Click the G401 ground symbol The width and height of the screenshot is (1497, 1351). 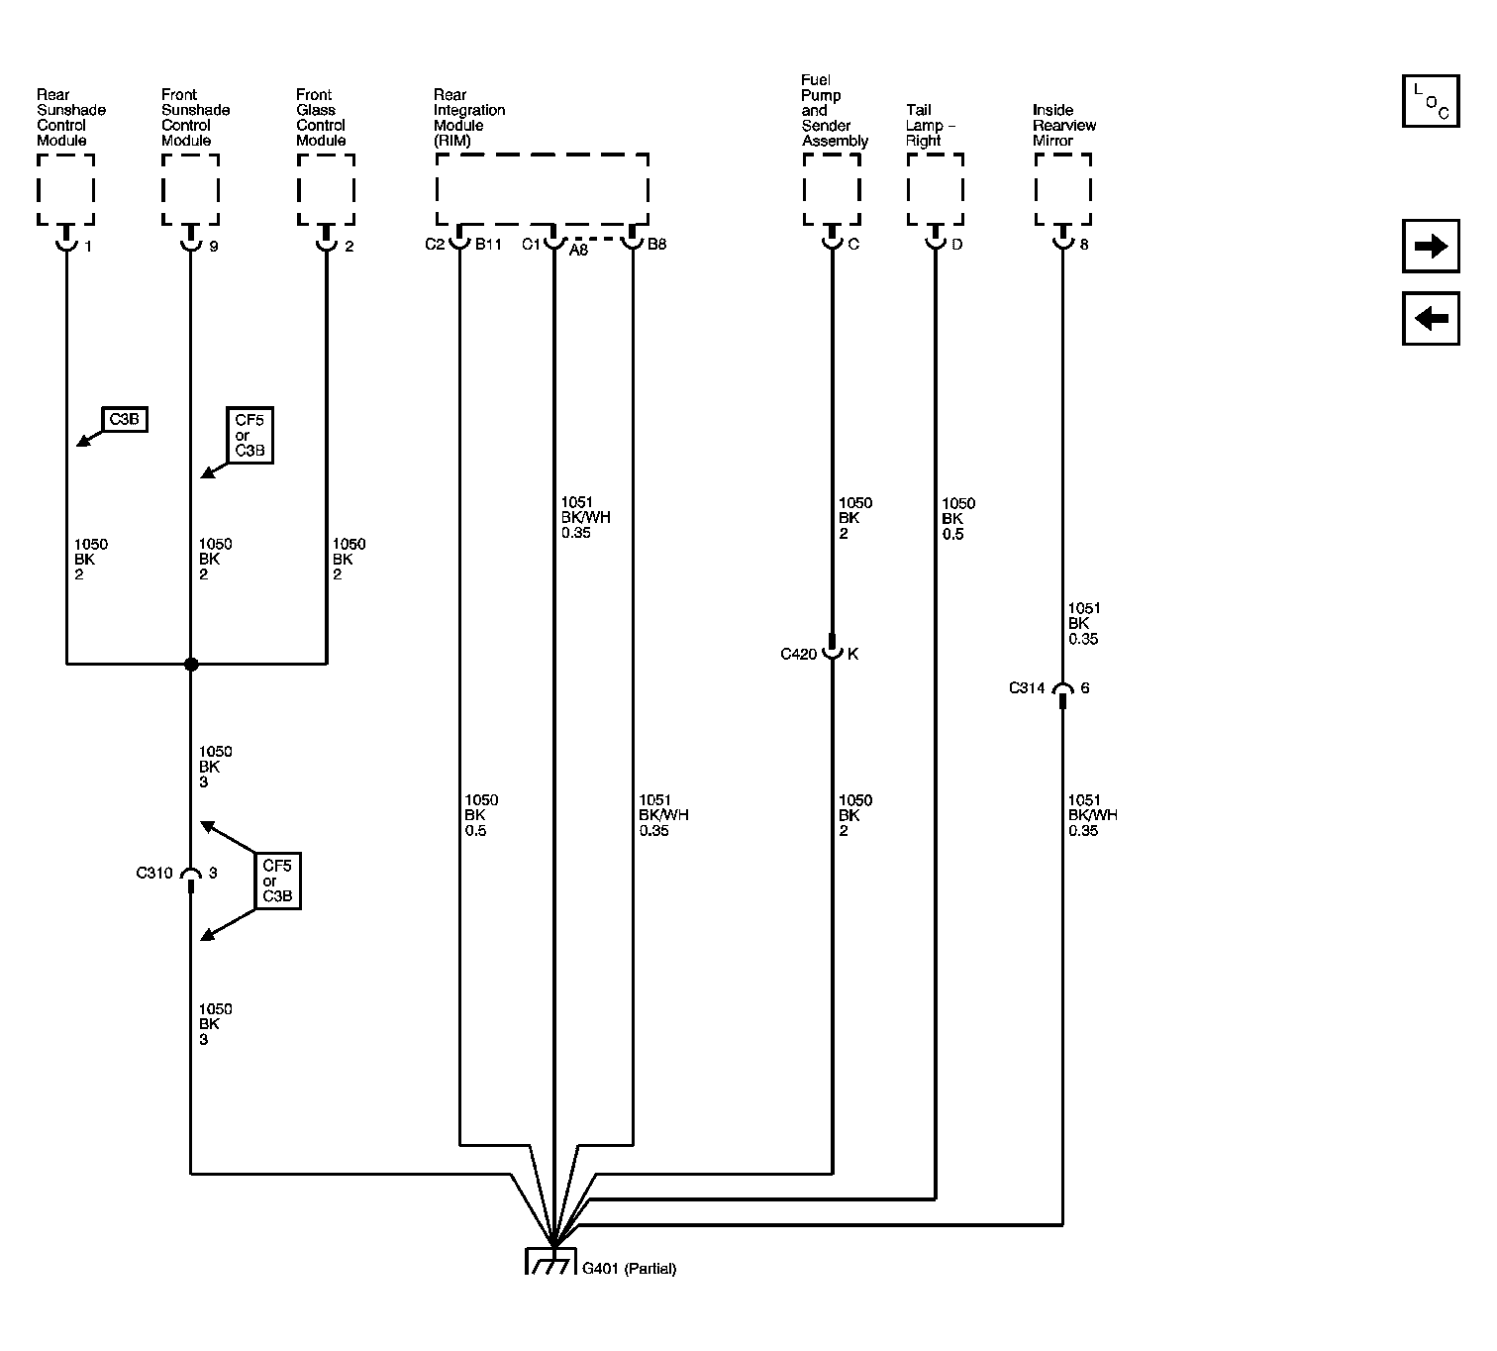550,1262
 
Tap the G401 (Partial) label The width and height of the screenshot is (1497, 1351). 629,1269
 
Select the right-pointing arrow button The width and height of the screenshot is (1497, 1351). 1431,246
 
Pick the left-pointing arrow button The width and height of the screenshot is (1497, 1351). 1431,319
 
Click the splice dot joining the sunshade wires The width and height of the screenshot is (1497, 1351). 191,664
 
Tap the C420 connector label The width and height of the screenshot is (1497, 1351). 799,655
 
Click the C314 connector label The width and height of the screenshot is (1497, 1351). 1027,687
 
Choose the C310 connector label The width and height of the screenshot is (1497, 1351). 154,873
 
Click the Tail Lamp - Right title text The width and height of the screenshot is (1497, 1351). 931,126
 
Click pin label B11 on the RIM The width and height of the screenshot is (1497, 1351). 488,245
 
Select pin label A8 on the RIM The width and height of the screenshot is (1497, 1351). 578,251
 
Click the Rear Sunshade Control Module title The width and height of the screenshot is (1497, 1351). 71,118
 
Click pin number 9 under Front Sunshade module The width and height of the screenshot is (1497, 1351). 214,247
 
